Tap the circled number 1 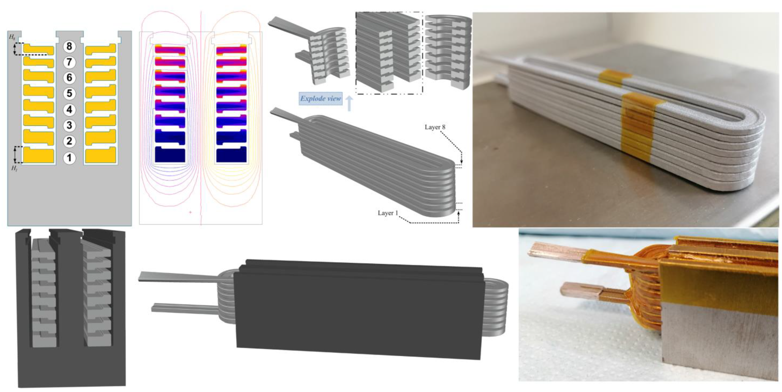69,158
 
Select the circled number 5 69,93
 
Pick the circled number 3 69,125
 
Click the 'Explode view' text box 321,98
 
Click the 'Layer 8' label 435,127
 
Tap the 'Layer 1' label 388,213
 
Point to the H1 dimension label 14,168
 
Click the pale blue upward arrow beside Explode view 349,103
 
